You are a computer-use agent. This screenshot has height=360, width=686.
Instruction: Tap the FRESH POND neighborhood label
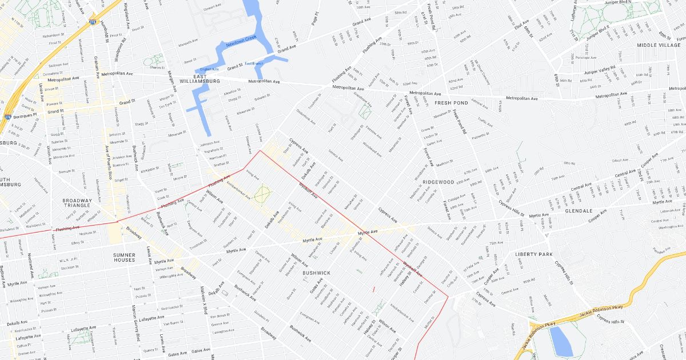[451, 103]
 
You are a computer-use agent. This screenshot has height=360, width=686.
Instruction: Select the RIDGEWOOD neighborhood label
[438, 182]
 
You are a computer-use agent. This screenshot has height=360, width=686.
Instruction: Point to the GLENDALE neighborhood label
[579, 211]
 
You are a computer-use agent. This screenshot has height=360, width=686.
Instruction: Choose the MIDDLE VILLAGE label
[659, 45]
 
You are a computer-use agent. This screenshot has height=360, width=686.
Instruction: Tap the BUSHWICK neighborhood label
[316, 273]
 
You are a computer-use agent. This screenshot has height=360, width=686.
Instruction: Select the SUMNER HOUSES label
[124, 257]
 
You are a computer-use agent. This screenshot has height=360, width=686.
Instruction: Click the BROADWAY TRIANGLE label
[77, 203]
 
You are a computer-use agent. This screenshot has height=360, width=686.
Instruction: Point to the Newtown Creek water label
[241, 41]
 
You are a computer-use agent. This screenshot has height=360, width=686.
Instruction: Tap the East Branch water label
[254, 63]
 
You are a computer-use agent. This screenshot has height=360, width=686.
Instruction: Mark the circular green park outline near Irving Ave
[262, 193]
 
